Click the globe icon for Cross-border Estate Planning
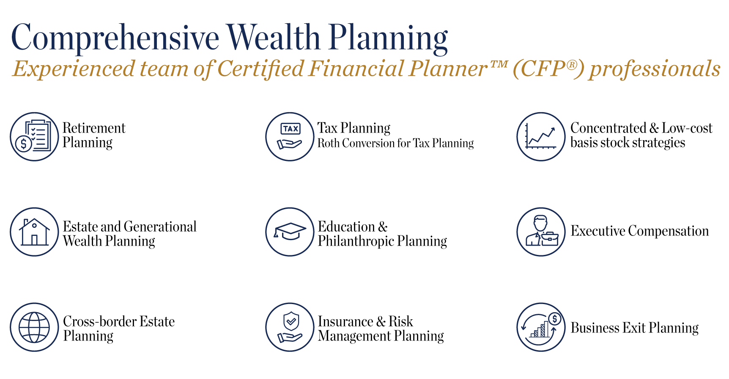click(34, 327)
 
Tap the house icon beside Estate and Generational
click(34, 232)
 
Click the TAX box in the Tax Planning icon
click(291, 129)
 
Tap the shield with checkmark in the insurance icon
click(291, 321)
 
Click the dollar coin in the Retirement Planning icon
click(24, 144)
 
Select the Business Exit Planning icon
click(541, 327)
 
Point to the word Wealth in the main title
click(273, 37)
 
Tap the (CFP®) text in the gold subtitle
click(548, 69)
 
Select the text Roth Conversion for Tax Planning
click(396, 144)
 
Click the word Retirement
click(94, 128)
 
